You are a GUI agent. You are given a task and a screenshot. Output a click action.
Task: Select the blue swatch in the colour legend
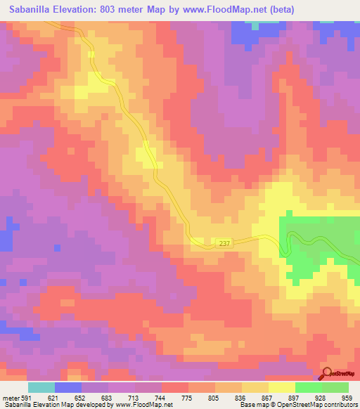[68, 387]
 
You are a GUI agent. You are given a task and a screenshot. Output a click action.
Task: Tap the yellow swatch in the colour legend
[281, 387]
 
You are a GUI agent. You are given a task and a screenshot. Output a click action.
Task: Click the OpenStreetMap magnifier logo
[327, 375]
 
